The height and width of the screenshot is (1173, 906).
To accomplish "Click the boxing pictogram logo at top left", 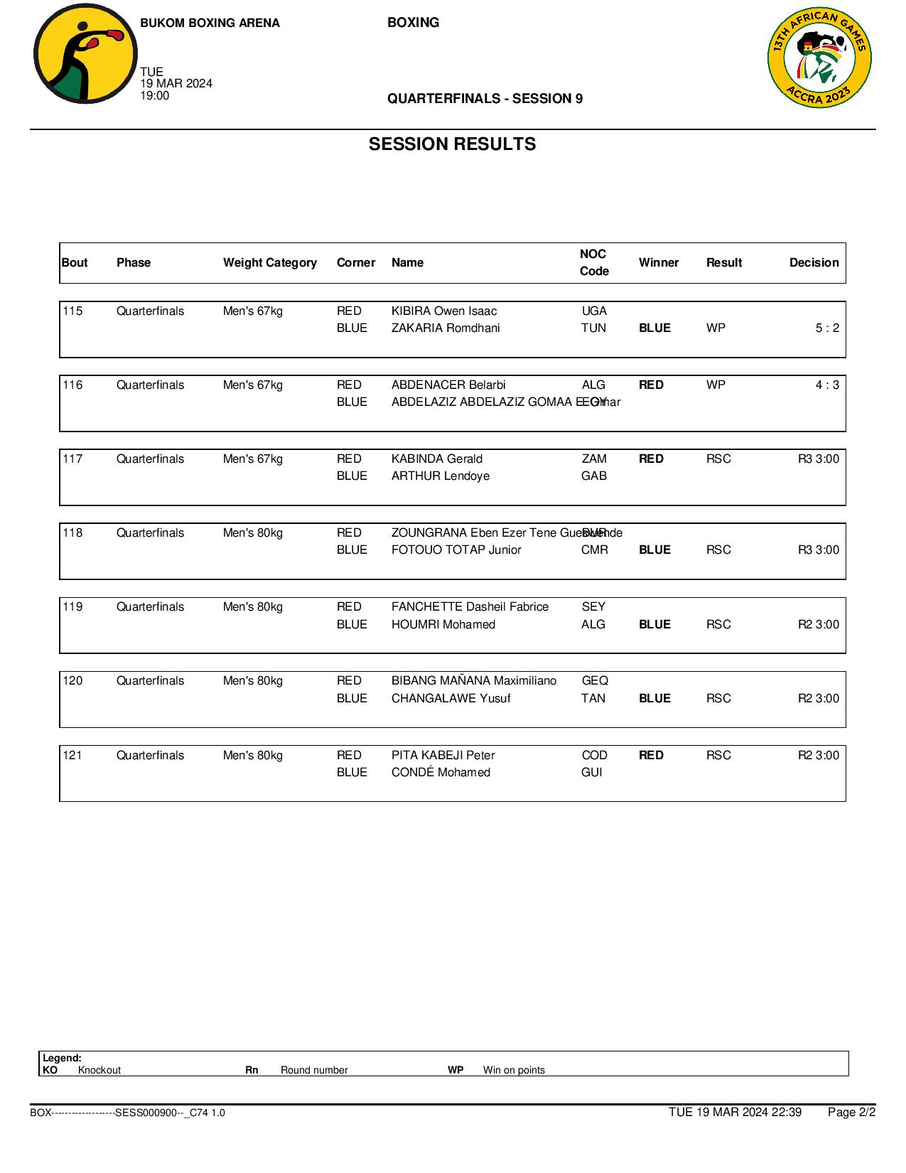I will pos(85,54).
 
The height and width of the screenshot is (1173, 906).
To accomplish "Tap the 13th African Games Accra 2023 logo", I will pos(819,59).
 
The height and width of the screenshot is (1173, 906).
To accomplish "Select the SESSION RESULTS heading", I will pos(452,144).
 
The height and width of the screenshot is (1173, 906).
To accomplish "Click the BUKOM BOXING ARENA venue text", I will pos(210,23).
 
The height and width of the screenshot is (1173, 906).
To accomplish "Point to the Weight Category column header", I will pos(269,262).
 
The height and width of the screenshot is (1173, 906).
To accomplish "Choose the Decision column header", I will pos(814,262).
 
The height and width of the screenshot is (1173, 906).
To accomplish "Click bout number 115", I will pos(72,311).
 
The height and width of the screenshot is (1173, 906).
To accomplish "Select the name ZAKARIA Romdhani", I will pos(446,328).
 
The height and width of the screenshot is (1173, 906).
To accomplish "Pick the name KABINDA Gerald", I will pos(436,459).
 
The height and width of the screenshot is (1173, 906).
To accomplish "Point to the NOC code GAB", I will pos(593,476).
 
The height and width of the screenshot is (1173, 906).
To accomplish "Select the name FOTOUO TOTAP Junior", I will pos(456,550).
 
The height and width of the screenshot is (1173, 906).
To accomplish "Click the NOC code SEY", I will pos(593,606).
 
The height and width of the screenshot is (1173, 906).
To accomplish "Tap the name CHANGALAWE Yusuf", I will pos(451,698).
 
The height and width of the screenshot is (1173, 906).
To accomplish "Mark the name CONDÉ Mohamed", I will pos(441,772).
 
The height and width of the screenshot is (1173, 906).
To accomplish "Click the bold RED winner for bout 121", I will pos(651,755).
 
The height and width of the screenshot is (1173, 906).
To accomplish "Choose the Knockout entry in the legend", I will pos(99,1070).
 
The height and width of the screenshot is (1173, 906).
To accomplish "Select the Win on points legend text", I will pos(514,1070).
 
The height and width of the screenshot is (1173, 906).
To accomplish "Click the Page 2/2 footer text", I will pos(851,1112).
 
